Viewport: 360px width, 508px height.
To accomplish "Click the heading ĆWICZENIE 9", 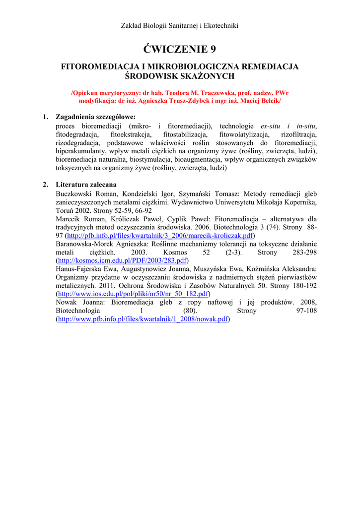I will (x=180, y=49).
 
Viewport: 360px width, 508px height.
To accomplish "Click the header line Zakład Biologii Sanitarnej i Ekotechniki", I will (x=180, y=26).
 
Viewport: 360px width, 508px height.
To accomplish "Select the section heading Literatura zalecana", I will (x=86, y=185).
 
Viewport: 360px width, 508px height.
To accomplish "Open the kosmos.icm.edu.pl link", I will (x=123, y=260).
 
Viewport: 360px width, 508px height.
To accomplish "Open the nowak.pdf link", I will (x=143, y=319).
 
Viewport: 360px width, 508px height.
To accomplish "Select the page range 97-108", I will (x=306, y=311).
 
